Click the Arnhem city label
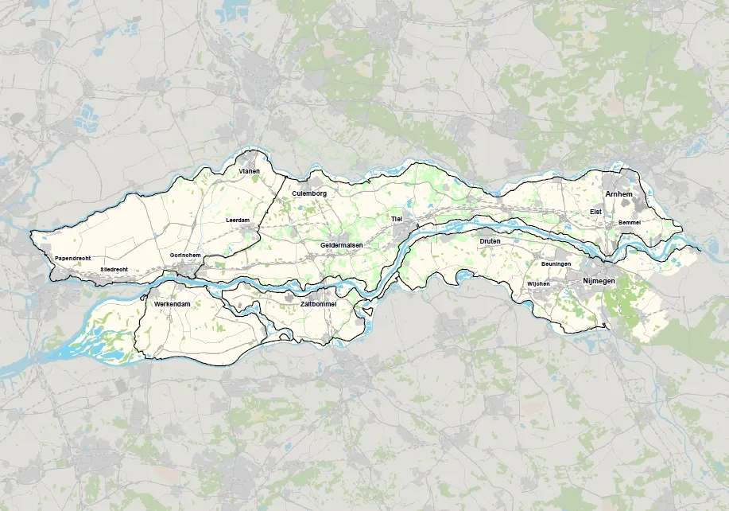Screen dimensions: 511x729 point(618,194)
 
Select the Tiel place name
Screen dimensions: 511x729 point(397,218)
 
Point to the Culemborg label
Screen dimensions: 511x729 point(309,193)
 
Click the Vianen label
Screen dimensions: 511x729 point(250,170)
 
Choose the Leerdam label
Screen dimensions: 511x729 point(238,220)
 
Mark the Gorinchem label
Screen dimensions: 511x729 point(185,255)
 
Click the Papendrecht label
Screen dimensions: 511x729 point(72,259)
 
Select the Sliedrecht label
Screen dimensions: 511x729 point(114,270)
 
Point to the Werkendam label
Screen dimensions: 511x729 point(174,304)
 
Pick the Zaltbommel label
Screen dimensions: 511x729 point(318,304)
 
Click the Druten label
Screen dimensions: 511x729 point(491,240)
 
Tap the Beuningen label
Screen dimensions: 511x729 point(556,263)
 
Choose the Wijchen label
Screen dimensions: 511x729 point(538,284)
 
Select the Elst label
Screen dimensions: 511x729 point(595,212)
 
